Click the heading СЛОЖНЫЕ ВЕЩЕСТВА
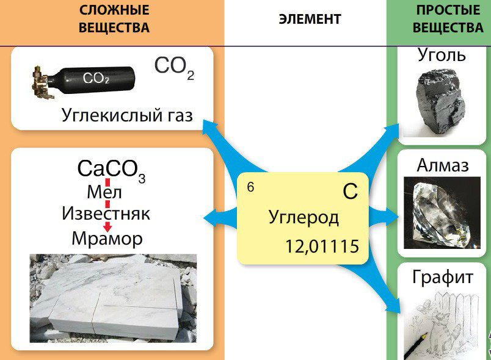(114, 19)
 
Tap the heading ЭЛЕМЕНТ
(310, 19)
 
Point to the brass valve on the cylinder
(42, 82)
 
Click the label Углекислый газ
(127, 115)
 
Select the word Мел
(104, 192)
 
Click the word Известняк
(106, 214)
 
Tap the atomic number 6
(250, 187)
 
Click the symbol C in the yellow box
(349, 192)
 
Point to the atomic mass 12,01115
(322, 246)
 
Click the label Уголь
(442, 55)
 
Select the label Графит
(442, 278)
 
